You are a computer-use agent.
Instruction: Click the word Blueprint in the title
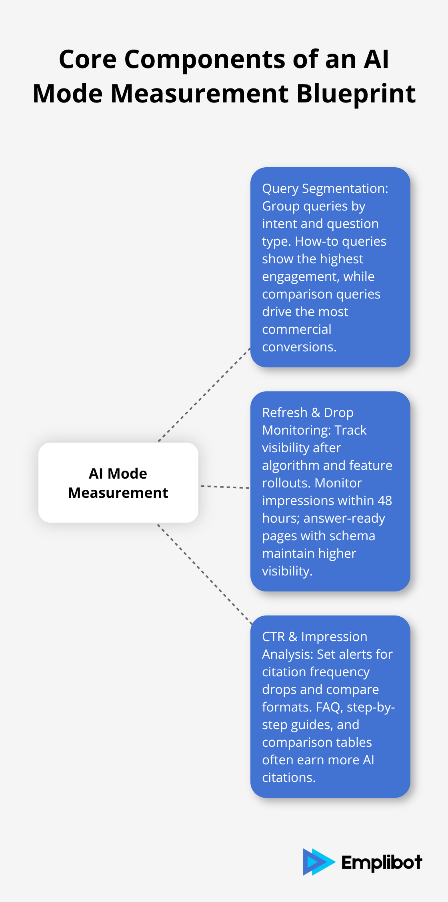[x=356, y=94]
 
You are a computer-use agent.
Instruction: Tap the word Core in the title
[x=88, y=59]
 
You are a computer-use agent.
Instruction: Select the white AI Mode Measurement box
[x=118, y=483]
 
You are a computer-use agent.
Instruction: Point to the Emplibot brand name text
[x=381, y=862]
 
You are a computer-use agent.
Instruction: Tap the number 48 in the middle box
[x=384, y=501]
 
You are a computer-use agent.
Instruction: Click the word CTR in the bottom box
[x=273, y=637]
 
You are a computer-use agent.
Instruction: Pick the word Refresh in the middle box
[x=284, y=413]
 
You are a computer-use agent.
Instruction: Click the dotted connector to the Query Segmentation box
[x=204, y=395]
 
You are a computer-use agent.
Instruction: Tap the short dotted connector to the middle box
[x=224, y=487]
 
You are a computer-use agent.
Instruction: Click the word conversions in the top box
[x=299, y=347]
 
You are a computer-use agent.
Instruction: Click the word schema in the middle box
[x=356, y=536]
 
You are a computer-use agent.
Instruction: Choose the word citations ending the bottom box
[x=288, y=778]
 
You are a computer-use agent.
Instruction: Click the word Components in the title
[x=205, y=59]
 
